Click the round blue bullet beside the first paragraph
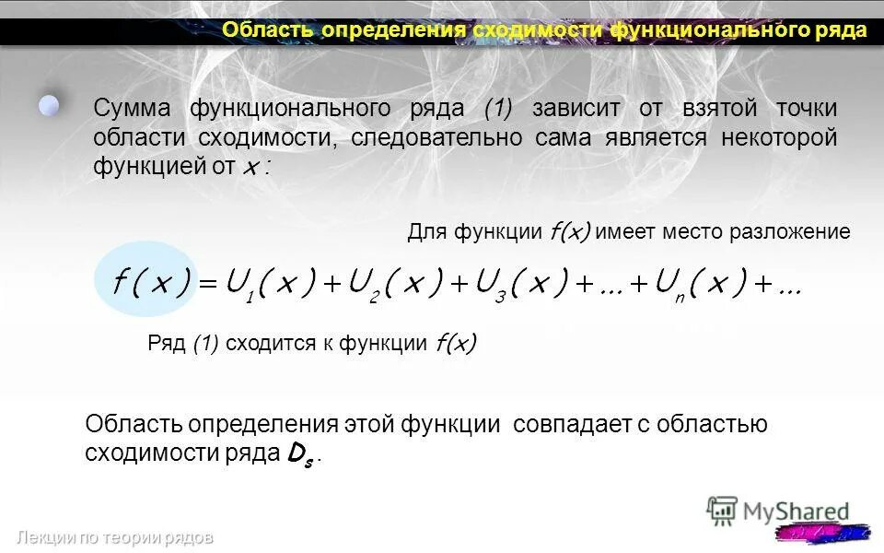pyautogui.click(x=49, y=104)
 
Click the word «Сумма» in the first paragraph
pyautogui.click(x=132, y=108)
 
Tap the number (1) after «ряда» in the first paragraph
pyautogui.click(x=498, y=108)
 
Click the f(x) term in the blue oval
pyautogui.click(x=151, y=282)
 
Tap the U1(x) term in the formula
pyautogui.click(x=271, y=282)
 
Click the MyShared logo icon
pyautogui.click(x=722, y=511)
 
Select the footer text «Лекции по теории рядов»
pyautogui.click(x=114, y=537)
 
